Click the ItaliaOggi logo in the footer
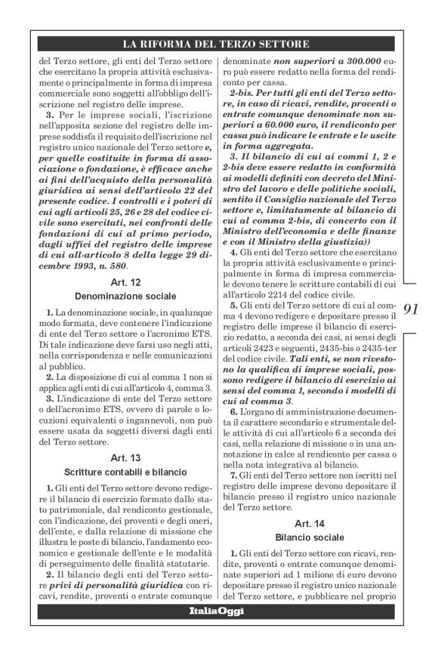pos(216,611)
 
